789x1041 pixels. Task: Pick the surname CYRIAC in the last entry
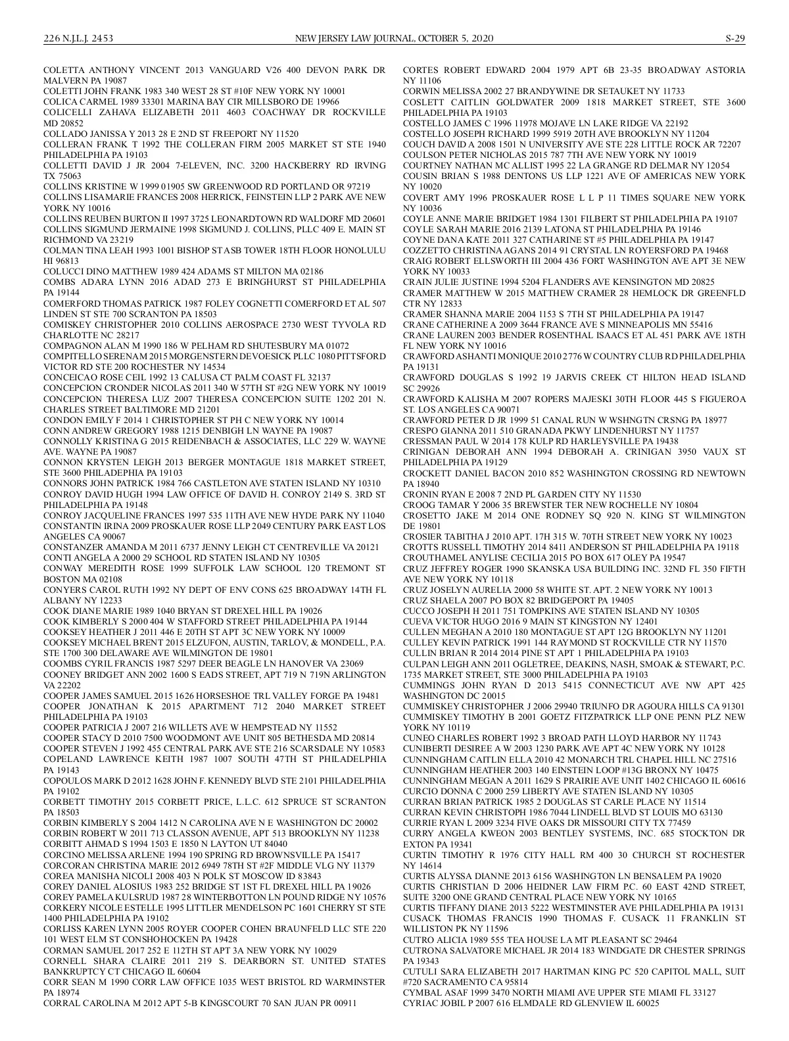[x=421, y=1003]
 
